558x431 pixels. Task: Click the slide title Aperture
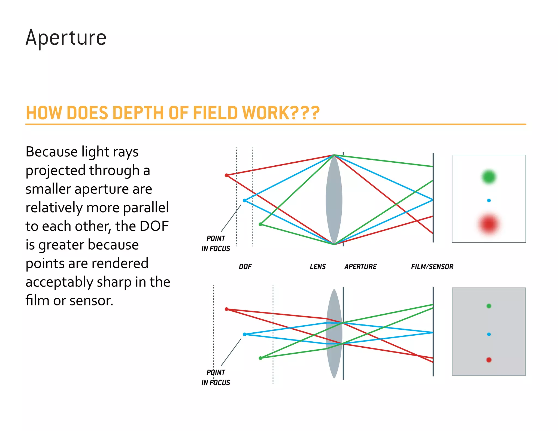point(66,38)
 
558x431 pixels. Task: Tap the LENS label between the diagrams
point(318,266)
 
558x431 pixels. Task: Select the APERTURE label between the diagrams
point(360,266)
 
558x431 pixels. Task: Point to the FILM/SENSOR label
point(432,266)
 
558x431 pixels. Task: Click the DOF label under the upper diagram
point(245,266)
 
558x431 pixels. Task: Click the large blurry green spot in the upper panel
point(489,177)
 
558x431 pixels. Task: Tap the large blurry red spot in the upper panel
point(489,224)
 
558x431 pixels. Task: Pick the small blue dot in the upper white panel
point(489,201)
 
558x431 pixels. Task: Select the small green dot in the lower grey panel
point(489,306)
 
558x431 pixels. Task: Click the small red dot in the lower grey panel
point(489,360)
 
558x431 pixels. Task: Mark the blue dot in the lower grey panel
point(489,334)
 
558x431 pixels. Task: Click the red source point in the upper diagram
point(226,175)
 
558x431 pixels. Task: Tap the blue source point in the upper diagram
point(244,201)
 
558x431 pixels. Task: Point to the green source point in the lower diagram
point(260,358)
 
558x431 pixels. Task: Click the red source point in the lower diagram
point(226,309)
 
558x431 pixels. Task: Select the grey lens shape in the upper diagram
point(334,199)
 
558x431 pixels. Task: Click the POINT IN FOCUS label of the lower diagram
point(216,377)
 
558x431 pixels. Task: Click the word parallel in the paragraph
point(146,208)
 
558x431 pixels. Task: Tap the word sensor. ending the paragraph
point(91,301)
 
